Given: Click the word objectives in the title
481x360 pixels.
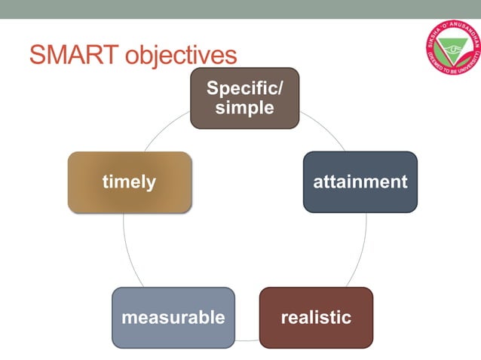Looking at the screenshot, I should (x=180, y=56).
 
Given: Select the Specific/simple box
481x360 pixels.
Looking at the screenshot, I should (x=244, y=98).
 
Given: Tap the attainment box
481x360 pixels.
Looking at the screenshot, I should (x=360, y=182).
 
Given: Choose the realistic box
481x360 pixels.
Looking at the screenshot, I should (x=316, y=317).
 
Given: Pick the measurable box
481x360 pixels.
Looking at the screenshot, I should (x=173, y=317).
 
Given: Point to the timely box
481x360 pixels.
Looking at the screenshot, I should (x=129, y=182).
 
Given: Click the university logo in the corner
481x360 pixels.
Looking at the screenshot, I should (x=453, y=50).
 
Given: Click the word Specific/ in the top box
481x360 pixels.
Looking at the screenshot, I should (x=244, y=88).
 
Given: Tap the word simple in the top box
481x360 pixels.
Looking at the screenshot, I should (x=244, y=108).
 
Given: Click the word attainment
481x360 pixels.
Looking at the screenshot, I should (x=360, y=182).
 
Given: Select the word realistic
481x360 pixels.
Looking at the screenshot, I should (x=316, y=317).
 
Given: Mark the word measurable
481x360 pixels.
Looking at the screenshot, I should (x=173, y=317).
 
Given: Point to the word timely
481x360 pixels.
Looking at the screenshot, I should (x=129, y=182).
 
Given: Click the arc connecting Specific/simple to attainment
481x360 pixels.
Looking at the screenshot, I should (x=324, y=128).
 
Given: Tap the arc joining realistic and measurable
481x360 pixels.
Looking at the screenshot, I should (x=247, y=340).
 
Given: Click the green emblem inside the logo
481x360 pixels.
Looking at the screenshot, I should (x=453, y=49).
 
